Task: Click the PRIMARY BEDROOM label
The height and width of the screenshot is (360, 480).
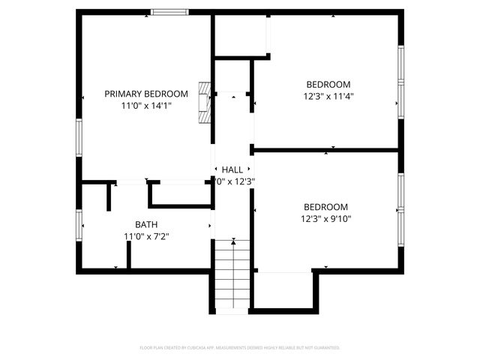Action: (x=145, y=94)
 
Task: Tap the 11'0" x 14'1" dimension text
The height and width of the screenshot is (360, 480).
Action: (x=146, y=106)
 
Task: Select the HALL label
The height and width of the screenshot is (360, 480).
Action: (x=232, y=170)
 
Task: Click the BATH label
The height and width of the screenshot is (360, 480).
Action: (x=146, y=224)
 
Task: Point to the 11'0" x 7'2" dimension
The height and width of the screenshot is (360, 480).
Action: (x=146, y=236)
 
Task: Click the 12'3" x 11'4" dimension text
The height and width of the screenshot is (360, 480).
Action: (x=328, y=96)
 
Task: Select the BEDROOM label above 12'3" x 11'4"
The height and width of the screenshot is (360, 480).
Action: (x=328, y=84)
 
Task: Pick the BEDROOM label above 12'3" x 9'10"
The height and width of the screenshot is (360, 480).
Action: (x=325, y=207)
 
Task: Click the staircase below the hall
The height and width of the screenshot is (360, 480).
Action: (x=232, y=274)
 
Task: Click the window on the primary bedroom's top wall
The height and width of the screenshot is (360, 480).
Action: (x=169, y=12)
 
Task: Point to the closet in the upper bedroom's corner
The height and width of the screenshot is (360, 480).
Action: (x=241, y=34)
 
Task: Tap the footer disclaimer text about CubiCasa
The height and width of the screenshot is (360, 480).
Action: (x=240, y=348)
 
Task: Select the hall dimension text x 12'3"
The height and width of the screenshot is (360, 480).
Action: (x=235, y=181)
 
